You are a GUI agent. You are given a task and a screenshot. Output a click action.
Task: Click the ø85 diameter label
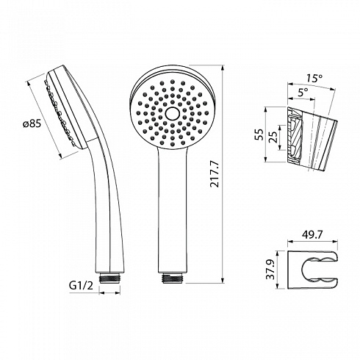coord(32,124)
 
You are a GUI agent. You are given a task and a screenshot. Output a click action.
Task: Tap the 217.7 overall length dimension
coord(215,174)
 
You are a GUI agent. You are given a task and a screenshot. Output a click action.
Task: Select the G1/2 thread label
coord(82,285)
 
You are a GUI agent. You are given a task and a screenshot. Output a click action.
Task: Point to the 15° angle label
coord(314,79)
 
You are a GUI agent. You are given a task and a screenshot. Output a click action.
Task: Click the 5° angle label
coord(303,93)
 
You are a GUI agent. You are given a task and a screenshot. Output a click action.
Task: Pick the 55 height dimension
coord(260,134)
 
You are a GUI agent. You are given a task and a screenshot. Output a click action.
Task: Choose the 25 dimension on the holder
coord(273,137)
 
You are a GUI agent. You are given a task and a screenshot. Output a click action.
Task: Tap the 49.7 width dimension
coord(312,235)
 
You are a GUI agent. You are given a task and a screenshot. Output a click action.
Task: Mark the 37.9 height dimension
coord(271,270)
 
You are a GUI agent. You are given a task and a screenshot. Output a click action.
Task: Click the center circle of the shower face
coord(173,113)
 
